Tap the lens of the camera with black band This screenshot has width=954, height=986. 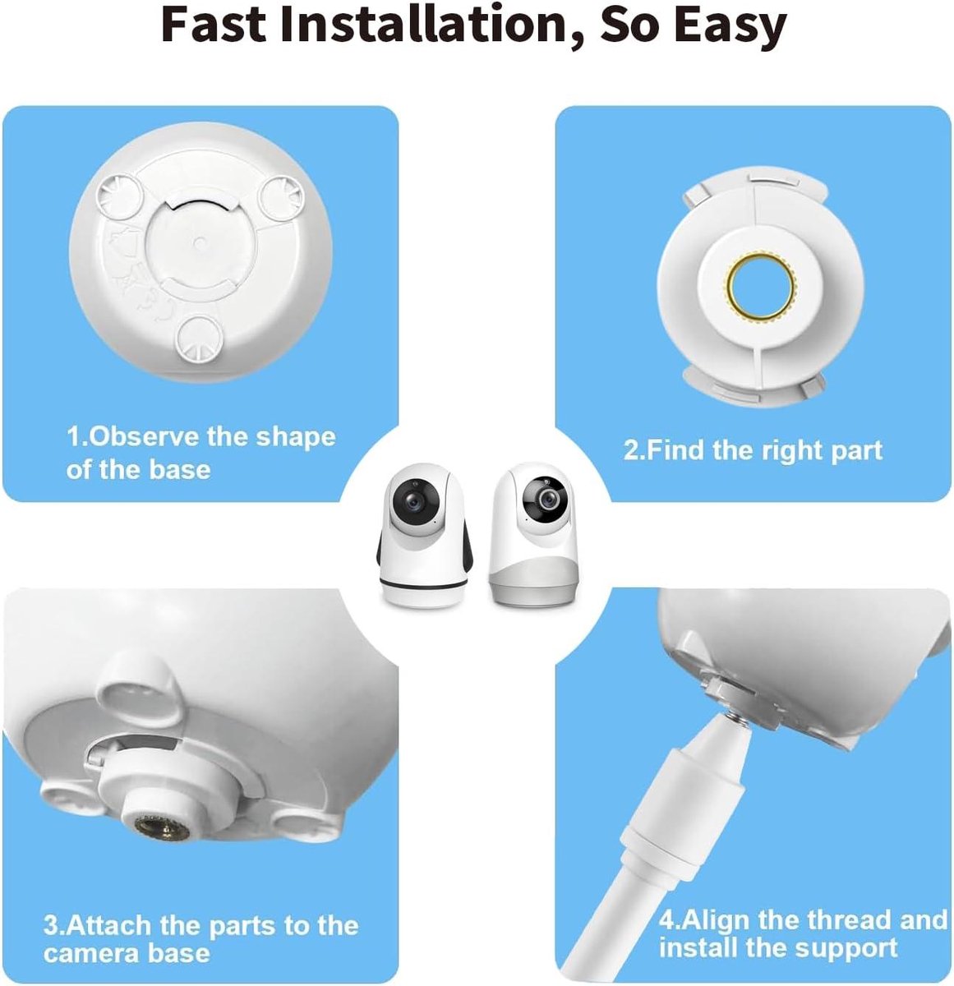click(414, 502)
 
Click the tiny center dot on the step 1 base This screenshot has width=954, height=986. click(199, 244)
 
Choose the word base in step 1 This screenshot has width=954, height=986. click(180, 469)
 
